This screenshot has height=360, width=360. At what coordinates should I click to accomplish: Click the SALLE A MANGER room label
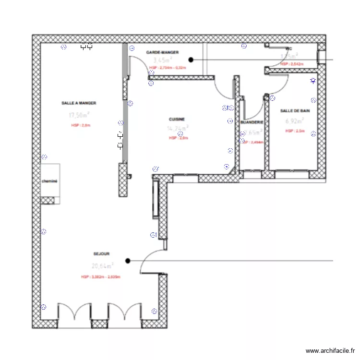[x=79, y=103]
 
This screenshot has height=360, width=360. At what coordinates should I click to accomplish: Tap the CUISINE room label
[x=177, y=119]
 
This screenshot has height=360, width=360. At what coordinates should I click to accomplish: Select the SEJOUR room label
[x=102, y=254]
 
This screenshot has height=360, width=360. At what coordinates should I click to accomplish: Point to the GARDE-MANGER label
[x=162, y=52]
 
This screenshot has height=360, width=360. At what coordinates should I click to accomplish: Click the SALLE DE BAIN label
[x=295, y=111]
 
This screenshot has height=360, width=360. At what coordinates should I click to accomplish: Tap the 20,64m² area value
[x=102, y=265]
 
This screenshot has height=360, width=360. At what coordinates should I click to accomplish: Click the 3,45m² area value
[x=162, y=60]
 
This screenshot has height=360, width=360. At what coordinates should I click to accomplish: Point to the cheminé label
[x=49, y=181]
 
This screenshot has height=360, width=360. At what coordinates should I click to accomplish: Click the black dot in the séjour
[x=128, y=261]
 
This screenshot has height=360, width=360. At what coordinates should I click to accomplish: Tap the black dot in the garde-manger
[x=191, y=60]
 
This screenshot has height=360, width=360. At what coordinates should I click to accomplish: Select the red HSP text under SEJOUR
[x=101, y=277]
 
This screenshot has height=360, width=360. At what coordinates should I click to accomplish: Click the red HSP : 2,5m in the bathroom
[x=295, y=131]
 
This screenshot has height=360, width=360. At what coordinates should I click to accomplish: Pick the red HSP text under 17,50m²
[x=80, y=125]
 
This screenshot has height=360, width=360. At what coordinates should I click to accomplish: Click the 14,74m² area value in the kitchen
[x=177, y=128]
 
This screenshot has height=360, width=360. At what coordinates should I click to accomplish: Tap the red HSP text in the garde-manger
[x=168, y=68]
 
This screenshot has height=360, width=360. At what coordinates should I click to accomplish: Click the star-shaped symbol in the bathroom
[x=313, y=81]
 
